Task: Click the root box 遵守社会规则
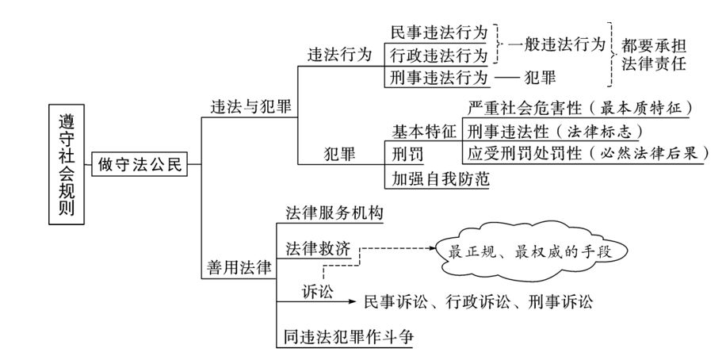coord(66,165)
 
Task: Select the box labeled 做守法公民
coord(140,165)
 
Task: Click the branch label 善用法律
coord(236,268)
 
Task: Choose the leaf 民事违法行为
coord(439,33)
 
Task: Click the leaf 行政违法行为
coord(439,55)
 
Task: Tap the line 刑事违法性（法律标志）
coord(555,130)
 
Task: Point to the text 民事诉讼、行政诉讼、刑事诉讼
coord(478,301)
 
